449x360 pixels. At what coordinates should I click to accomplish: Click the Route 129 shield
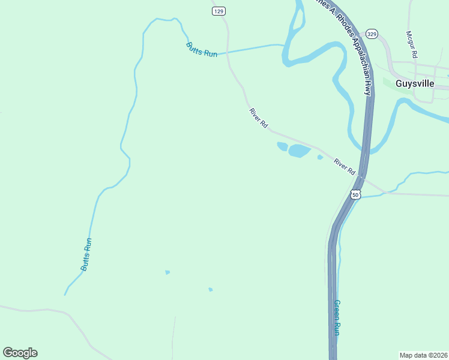pyautogui.click(x=218, y=11)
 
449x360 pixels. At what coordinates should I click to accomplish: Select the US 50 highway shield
pyautogui.click(x=355, y=195)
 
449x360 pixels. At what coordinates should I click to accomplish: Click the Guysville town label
pyautogui.click(x=415, y=83)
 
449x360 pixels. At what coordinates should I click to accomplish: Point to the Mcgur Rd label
pyautogui.click(x=411, y=44)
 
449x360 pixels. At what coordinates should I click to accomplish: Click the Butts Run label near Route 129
pyautogui.click(x=201, y=49)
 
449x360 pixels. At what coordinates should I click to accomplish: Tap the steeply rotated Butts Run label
pyautogui.click(x=86, y=254)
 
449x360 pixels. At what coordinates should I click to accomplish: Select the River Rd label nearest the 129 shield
pyautogui.click(x=259, y=117)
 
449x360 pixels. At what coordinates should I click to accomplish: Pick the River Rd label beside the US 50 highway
pyautogui.click(x=345, y=166)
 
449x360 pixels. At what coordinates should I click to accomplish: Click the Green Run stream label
pyautogui.click(x=337, y=317)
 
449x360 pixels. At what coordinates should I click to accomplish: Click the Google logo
pyautogui.click(x=20, y=353)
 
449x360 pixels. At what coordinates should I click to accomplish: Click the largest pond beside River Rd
pyautogui.click(x=299, y=151)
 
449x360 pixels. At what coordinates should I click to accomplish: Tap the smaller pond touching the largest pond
pyautogui.click(x=282, y=146)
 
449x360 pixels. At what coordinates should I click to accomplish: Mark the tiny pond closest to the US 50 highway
pyautogui.click(x=320, y=158)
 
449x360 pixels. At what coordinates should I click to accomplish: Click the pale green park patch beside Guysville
pyautogui.click(x=389, y=83)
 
